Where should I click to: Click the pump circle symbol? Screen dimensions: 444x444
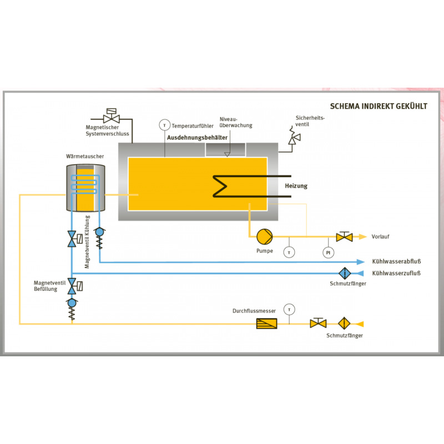click(x=265, y=237)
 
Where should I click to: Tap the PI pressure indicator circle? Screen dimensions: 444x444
click(x=328, y=253)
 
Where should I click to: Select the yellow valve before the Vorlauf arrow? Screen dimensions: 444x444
click(x=344, y=236)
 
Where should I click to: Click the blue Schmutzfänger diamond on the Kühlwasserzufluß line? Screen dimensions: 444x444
click(x=345, y=273)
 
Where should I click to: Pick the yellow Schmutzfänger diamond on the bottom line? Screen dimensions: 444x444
click(x=344, y=324)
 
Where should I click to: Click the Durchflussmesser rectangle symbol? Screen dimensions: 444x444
click(x=266, y=324)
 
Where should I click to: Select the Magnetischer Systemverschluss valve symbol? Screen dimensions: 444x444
click(x=112, y=115)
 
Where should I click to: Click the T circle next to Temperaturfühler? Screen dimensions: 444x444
click(x=164, y=125)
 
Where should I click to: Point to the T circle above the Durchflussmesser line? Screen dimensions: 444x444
click(x=289, y=310)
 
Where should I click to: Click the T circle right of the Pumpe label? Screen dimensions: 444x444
click(x=289, y=253)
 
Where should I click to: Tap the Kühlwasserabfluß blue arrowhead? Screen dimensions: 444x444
click(x=360, y=261)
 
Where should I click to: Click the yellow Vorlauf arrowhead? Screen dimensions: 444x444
click(x=362, y=236)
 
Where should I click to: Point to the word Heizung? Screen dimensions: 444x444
click(x=296, y=186)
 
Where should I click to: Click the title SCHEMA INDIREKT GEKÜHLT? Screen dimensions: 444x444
click(x=379, y=106)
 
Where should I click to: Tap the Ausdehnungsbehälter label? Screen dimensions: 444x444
click(x=197, y=138)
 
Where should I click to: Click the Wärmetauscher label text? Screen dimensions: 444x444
click(x=85, y=157)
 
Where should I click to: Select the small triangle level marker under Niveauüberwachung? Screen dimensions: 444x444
click(x=227, y=154)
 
